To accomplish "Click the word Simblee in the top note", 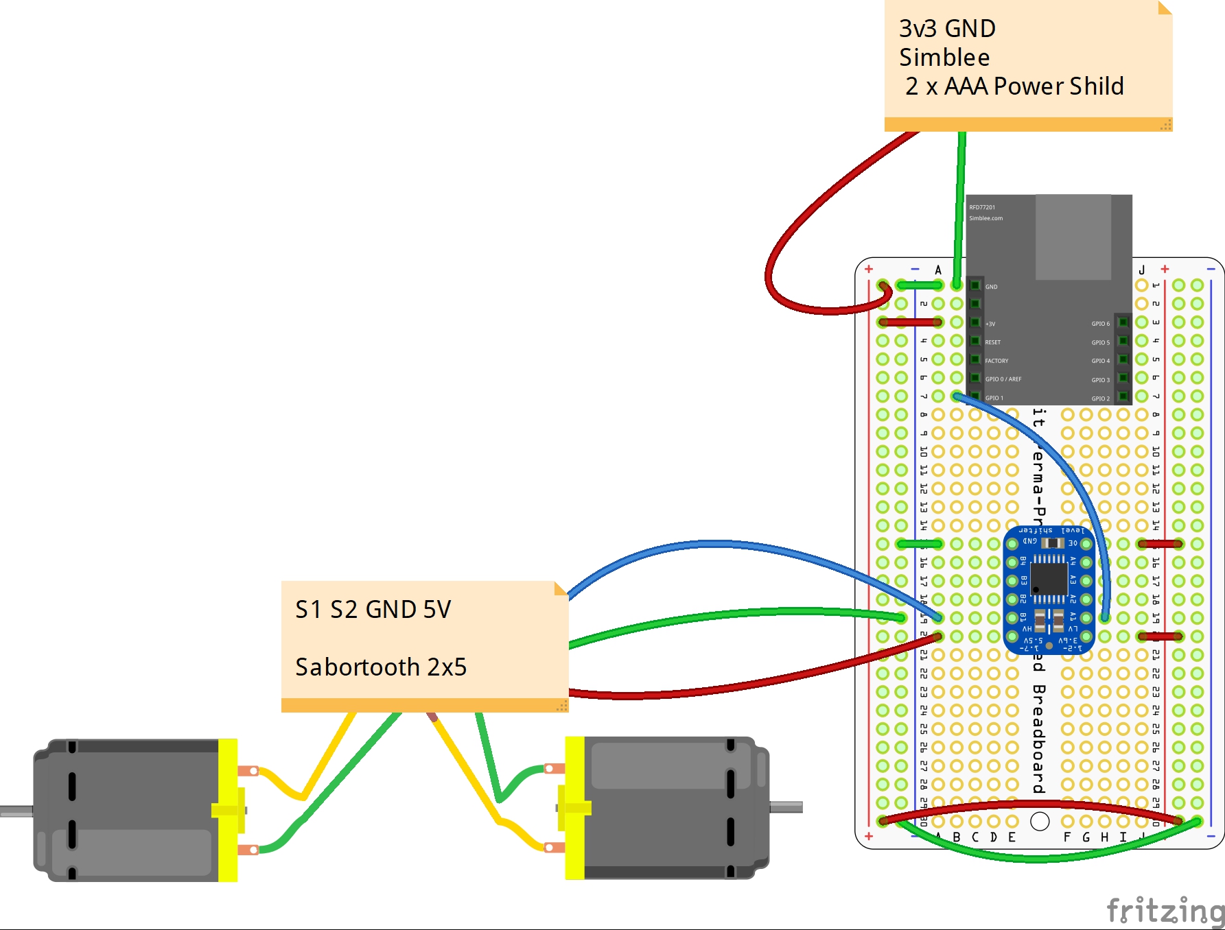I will [944, 58].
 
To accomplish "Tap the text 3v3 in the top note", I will [918, 29].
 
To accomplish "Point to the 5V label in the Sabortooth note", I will [437, 609].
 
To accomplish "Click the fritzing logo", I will [1165, 911].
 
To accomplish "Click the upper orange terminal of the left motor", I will [248, 771].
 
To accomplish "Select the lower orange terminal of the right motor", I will [554, 848].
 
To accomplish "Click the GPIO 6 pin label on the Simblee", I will [1100, 324].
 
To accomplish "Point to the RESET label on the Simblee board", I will [992, 342].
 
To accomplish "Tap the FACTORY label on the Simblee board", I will [996, 361].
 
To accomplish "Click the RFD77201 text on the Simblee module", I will [982, 207].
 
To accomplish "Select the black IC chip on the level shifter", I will [1049, 580].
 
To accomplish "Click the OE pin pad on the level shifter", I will [1086, 544].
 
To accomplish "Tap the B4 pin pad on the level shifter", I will [1012, 562].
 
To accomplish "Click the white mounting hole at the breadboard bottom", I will [1040, 821].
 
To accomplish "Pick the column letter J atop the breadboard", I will [1142, 270].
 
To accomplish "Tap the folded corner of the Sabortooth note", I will [561, 588].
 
